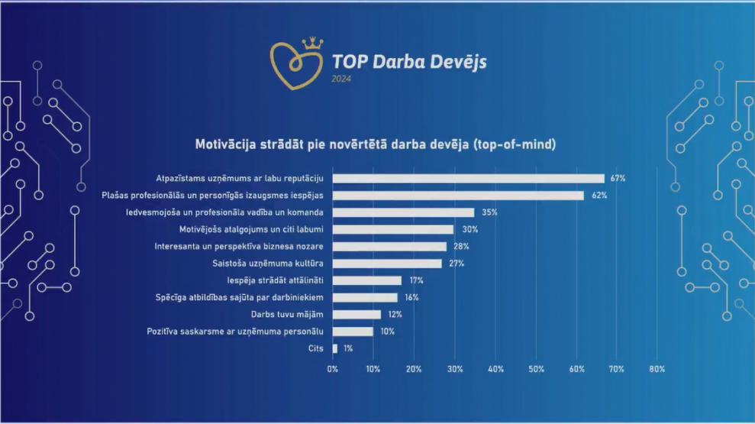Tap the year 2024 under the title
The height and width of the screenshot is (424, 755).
(341, 78)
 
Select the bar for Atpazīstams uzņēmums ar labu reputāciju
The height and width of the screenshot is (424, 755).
(468, 179)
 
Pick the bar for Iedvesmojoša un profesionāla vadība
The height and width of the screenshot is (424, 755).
(403, 212)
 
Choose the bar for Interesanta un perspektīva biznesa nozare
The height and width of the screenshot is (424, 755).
(389, 247)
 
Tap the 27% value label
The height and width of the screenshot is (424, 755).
(455, 264)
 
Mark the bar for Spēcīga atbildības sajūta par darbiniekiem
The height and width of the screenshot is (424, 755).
(365, 297)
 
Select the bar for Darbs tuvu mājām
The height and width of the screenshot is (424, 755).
(357, 314)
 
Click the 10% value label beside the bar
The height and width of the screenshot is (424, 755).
(386, 332)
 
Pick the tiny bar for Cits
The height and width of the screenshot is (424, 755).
(334, 348)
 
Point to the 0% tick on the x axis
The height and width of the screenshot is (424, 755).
(332, 369)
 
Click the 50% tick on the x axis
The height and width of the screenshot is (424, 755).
(536, 369)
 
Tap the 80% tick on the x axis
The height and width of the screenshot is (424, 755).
(657, 369)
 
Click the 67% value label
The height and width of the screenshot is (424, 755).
(618, 179)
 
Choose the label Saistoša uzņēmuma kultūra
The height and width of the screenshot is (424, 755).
(269, 264)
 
